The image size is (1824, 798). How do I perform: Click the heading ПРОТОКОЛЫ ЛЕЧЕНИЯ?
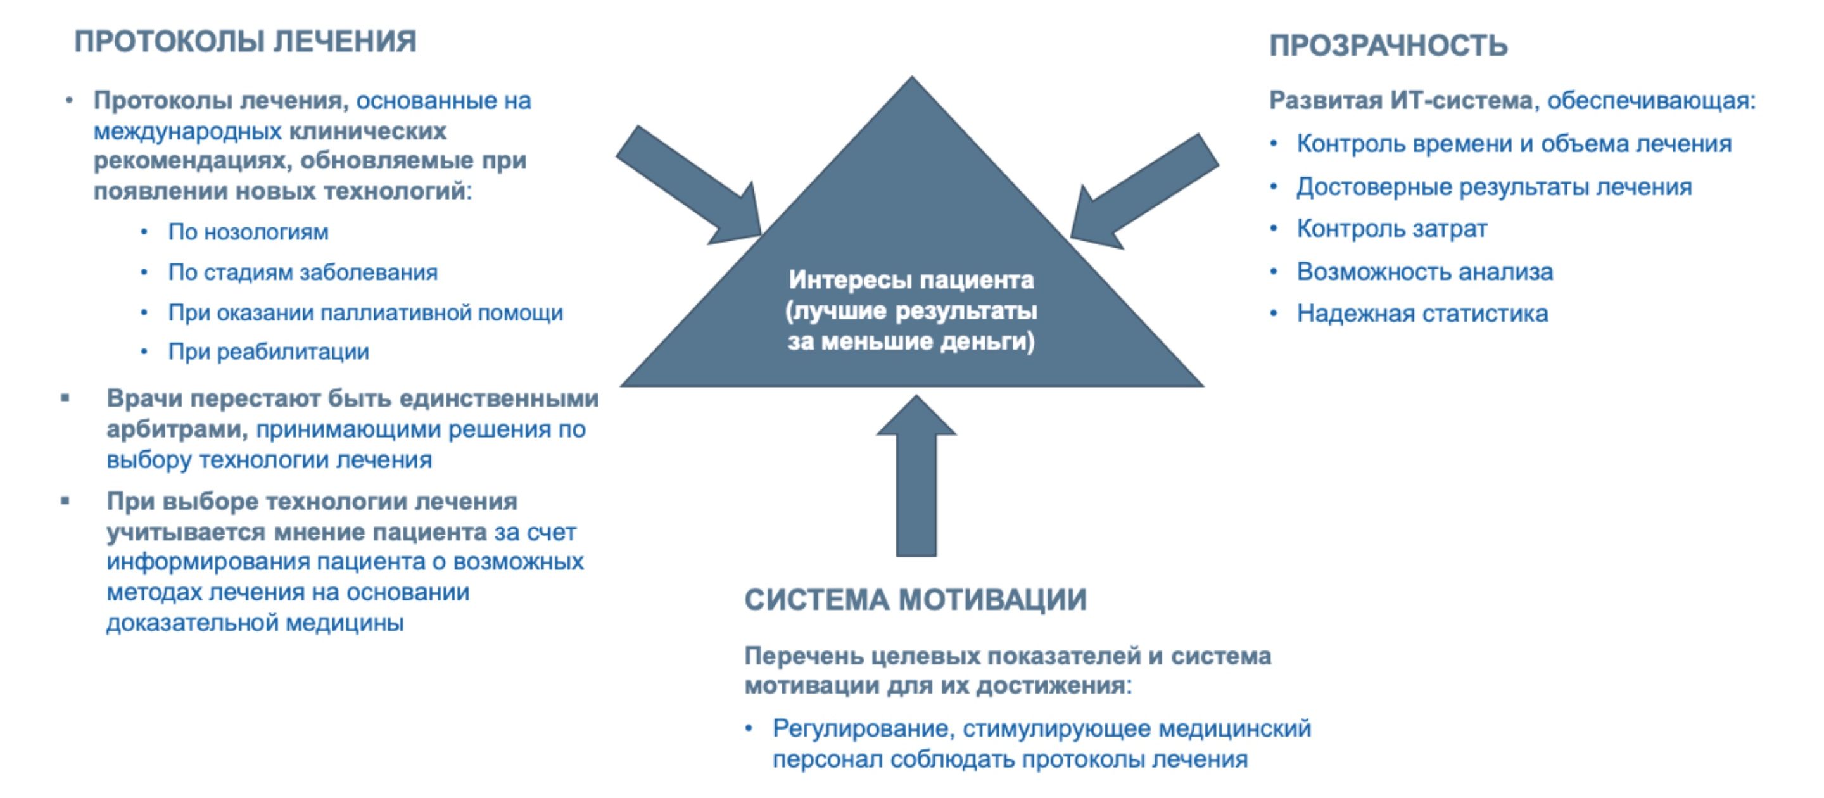tap(245, 42)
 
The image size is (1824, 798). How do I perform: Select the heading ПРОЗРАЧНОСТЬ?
tap(1388, 46)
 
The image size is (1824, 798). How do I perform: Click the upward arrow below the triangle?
tap(916, 476)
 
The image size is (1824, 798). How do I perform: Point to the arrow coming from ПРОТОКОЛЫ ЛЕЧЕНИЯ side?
tap(688, 186)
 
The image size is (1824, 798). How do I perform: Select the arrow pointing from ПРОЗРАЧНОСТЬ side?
tap(1144, 191)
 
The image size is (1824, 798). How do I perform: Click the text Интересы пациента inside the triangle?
tap(911, 280)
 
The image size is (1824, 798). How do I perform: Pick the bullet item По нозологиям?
tap(248, 232)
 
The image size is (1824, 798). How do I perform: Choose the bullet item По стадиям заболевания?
tap(302, 272)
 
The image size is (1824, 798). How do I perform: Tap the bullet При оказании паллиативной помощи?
tap(365, 313)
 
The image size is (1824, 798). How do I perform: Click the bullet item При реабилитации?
tap(269, 352)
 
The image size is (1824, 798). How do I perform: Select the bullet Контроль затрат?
tap(1391, 229)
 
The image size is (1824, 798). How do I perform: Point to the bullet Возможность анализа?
tap(1424, 271)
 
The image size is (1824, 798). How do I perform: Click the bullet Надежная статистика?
tap(1422, 313)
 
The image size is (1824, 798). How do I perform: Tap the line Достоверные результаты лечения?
tap(1494, 187)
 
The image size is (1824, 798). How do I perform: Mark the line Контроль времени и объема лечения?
tap(1514, 144)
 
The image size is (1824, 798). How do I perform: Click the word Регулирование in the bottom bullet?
tap(864, 728)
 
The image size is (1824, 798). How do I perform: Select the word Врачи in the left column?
tap(144, 398)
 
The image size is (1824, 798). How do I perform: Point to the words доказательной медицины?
tap(255, 623)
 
